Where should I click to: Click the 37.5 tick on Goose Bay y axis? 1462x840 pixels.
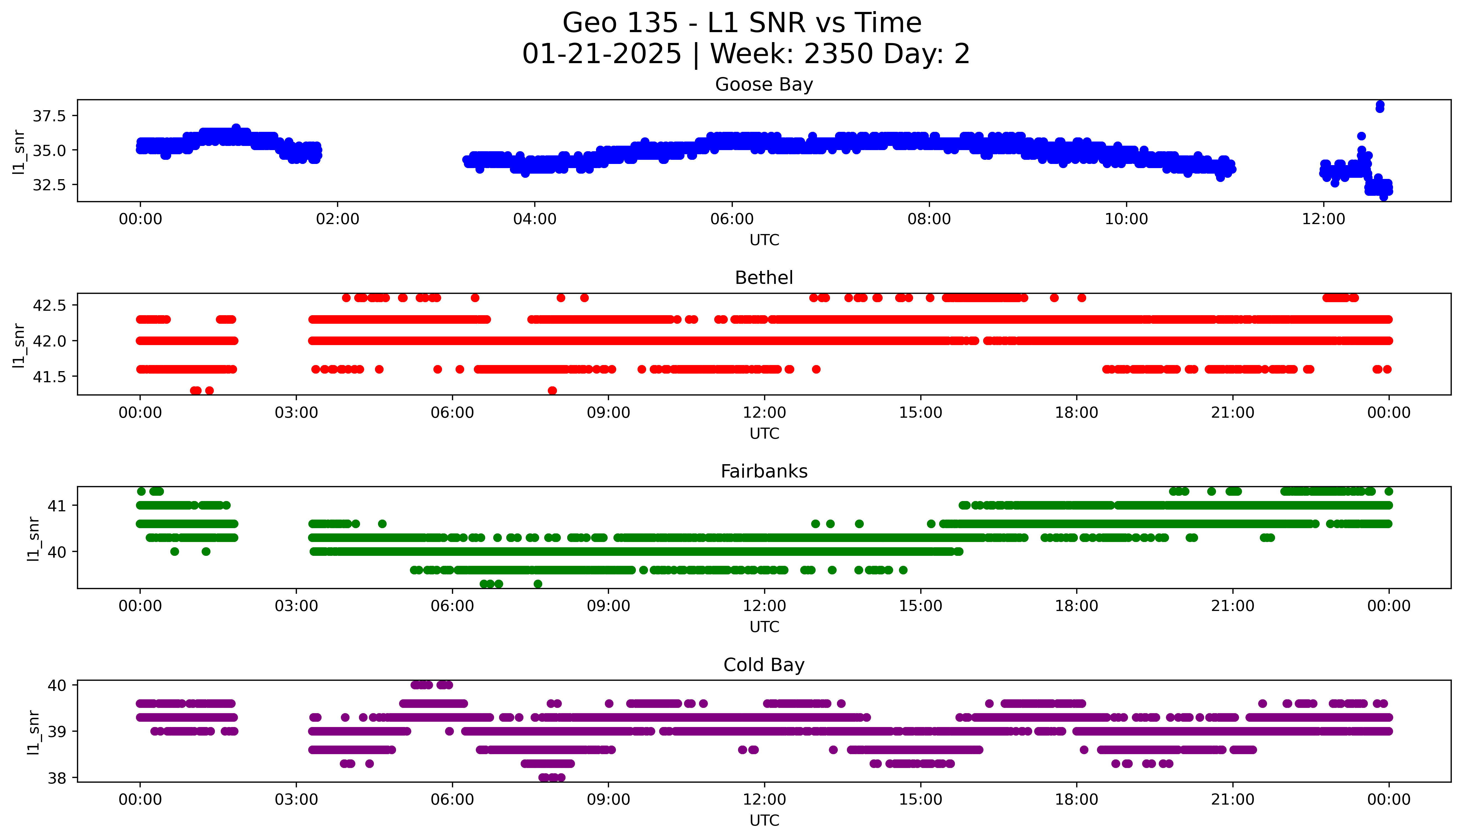[x=50, y=116]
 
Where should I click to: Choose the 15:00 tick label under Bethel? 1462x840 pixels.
[x=921, y=413]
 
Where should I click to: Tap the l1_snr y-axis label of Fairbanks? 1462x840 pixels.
[x=34, y=538]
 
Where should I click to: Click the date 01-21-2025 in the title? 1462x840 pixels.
[x=602, y=54]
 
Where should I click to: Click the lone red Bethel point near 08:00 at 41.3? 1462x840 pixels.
[x=552, y=391]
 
